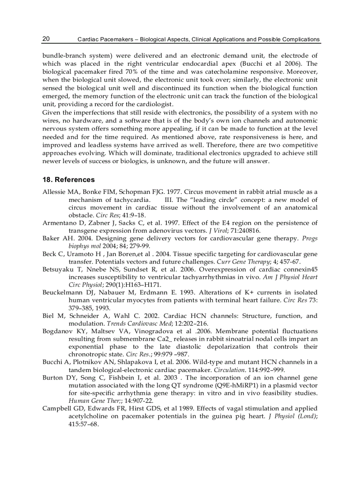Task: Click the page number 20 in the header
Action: click(46, 39)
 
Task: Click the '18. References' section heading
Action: click(68, 179)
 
